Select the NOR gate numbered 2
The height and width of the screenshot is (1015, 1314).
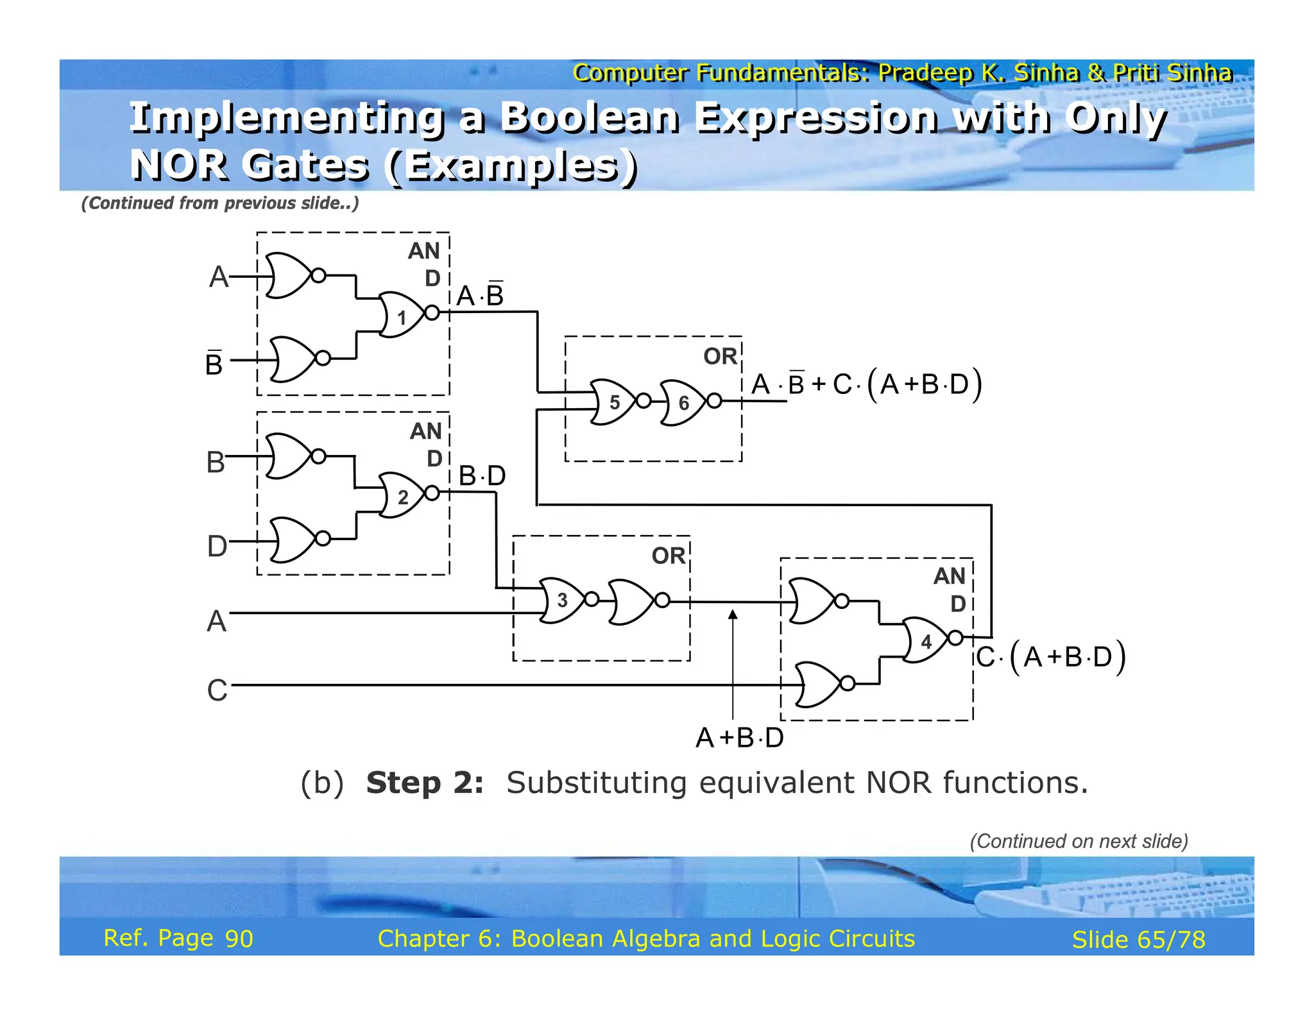click(x=403, y=495)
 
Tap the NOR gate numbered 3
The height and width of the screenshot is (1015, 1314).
click(x=563, y=600)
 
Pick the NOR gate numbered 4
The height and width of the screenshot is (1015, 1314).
click(x=926, y=640)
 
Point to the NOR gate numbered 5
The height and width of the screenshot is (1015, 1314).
click(x=613, y=402)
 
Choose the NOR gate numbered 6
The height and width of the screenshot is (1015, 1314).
click(x=684, y=402)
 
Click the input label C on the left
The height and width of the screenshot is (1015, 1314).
click(x=217, y=690)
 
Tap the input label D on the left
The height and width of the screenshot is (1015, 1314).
click(x=217, y=546)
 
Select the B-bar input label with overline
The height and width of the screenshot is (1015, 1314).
click(x=214, y=363)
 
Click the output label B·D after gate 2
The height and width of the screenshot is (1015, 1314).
click(x=482, y=476)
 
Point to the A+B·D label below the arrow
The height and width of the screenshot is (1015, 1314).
click(x=739, y=738)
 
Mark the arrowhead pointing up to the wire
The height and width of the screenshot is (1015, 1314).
click(x=733, y=615)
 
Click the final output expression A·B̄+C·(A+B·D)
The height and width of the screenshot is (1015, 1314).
click(x=866, y=384)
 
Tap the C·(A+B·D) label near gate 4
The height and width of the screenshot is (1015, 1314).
click(x=1051, y=657)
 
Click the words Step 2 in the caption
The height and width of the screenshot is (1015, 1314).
click(x=424, y=783)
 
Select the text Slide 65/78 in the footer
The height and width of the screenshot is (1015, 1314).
click(x=1138, y=939)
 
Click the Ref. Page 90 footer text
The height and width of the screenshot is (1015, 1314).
click(x=178, y=938)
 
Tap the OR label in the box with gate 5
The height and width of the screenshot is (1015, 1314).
click(x=720, y=357)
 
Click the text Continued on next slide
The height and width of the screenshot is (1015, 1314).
click(x=1079, y=841)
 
